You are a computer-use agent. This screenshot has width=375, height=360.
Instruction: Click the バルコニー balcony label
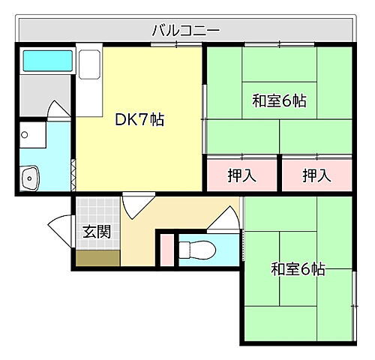185,31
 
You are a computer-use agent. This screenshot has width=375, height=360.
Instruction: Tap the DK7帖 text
139,118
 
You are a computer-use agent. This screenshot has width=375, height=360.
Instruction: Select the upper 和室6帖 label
279,100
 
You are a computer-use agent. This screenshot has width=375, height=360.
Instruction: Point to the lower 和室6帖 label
298,268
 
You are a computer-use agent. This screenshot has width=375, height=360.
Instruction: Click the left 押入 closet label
241,176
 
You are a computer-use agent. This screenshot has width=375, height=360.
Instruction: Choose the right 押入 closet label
316,176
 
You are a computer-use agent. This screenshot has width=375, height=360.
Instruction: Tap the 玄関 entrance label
97,231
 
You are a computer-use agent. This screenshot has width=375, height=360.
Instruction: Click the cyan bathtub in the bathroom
46,61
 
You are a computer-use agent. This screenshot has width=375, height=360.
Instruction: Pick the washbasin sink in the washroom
31,178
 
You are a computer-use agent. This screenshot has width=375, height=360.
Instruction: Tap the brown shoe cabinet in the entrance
97,257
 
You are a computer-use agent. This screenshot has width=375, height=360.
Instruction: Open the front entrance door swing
60,226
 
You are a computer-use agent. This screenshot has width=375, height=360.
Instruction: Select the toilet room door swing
221,220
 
